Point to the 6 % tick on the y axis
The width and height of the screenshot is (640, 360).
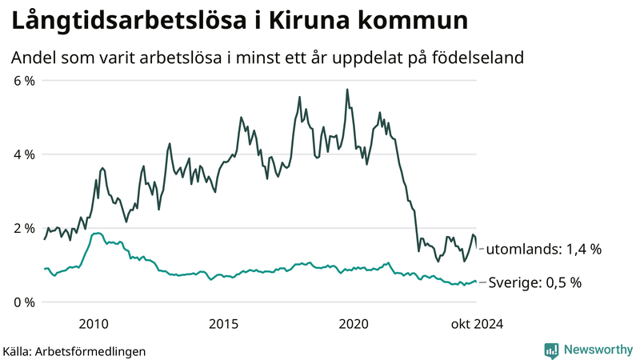(x=24, y=80)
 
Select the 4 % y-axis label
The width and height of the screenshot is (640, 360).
(x=24, y=154)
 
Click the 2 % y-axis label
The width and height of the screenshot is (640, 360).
(x=24, y=228)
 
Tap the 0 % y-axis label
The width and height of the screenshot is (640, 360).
(x=24, y=302)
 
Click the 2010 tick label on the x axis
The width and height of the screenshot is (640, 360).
(x=94, y=323)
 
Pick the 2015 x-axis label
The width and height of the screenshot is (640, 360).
(x=224, y=323)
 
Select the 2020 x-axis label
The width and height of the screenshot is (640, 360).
(x=354, y=323)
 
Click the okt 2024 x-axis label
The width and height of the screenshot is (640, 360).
(x=478, y=323)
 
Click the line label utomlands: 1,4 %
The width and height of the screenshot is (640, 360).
(x=543, y=250)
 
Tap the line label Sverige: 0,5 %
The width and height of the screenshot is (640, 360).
(x=534, y=282)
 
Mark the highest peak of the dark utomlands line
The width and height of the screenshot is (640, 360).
(x=347, y=89)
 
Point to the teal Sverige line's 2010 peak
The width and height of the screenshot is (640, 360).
(x=97, y=233)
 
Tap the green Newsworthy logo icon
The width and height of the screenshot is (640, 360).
(x=552, y=350)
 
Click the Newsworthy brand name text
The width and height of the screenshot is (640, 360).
(x=598, y=350)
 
